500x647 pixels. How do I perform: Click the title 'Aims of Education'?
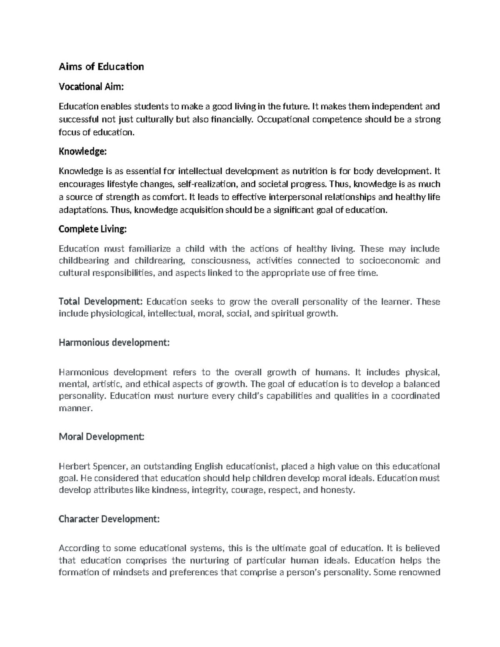pos(101,67)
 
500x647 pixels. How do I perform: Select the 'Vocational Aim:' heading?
pos(91,87)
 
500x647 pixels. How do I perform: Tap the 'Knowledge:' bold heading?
pos(83,152)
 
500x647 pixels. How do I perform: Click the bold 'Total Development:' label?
pos(101,302)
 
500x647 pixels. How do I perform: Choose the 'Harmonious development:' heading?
pos(114,342)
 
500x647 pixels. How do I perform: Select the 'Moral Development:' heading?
pos(102,437)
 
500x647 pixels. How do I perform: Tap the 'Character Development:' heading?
pos(109,519)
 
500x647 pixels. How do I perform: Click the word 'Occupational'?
pos(283,120)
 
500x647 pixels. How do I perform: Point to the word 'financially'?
pos(232,120)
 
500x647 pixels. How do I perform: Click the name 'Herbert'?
pos(73,466)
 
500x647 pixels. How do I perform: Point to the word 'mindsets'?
pos(130,572)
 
